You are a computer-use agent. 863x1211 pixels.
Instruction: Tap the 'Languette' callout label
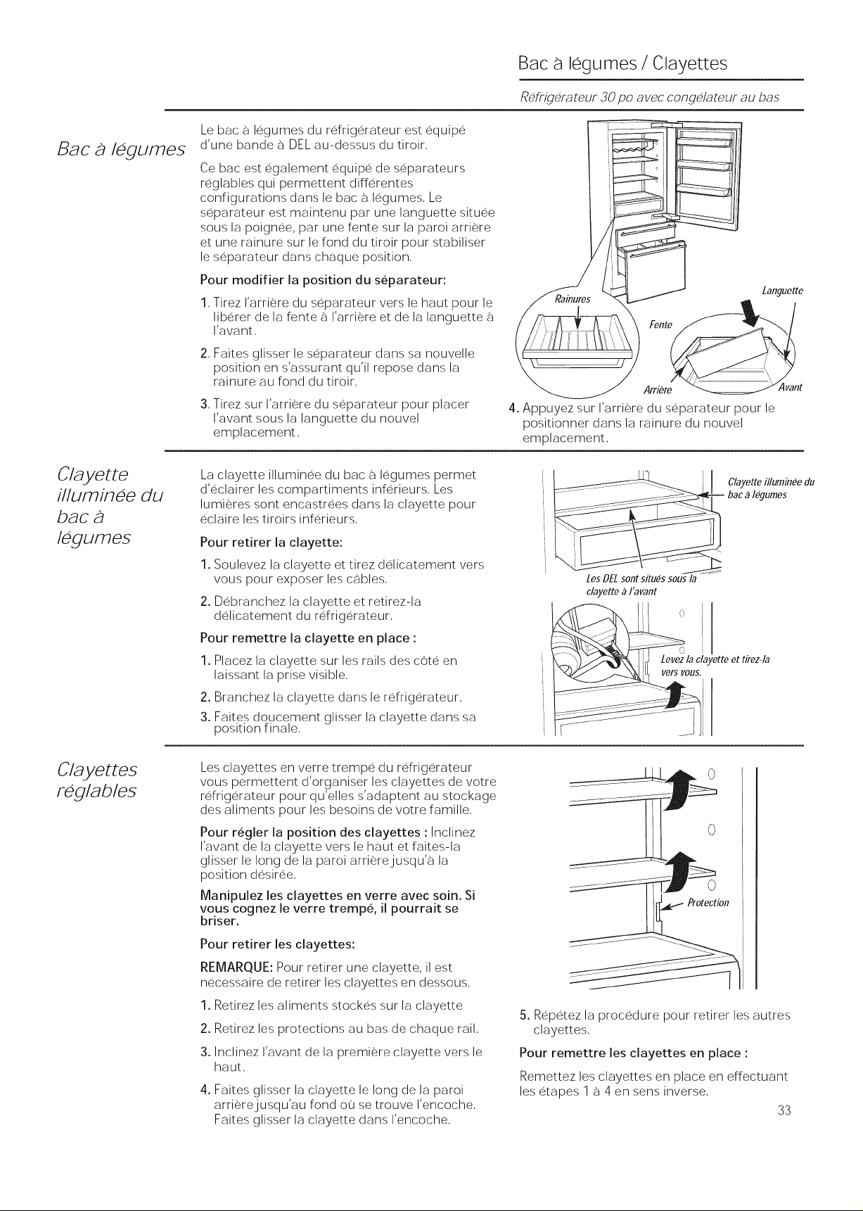782,291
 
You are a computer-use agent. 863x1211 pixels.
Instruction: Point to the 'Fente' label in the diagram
661,324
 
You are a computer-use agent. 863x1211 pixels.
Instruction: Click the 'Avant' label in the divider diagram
790,388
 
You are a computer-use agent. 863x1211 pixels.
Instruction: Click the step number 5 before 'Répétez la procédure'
522,1015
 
